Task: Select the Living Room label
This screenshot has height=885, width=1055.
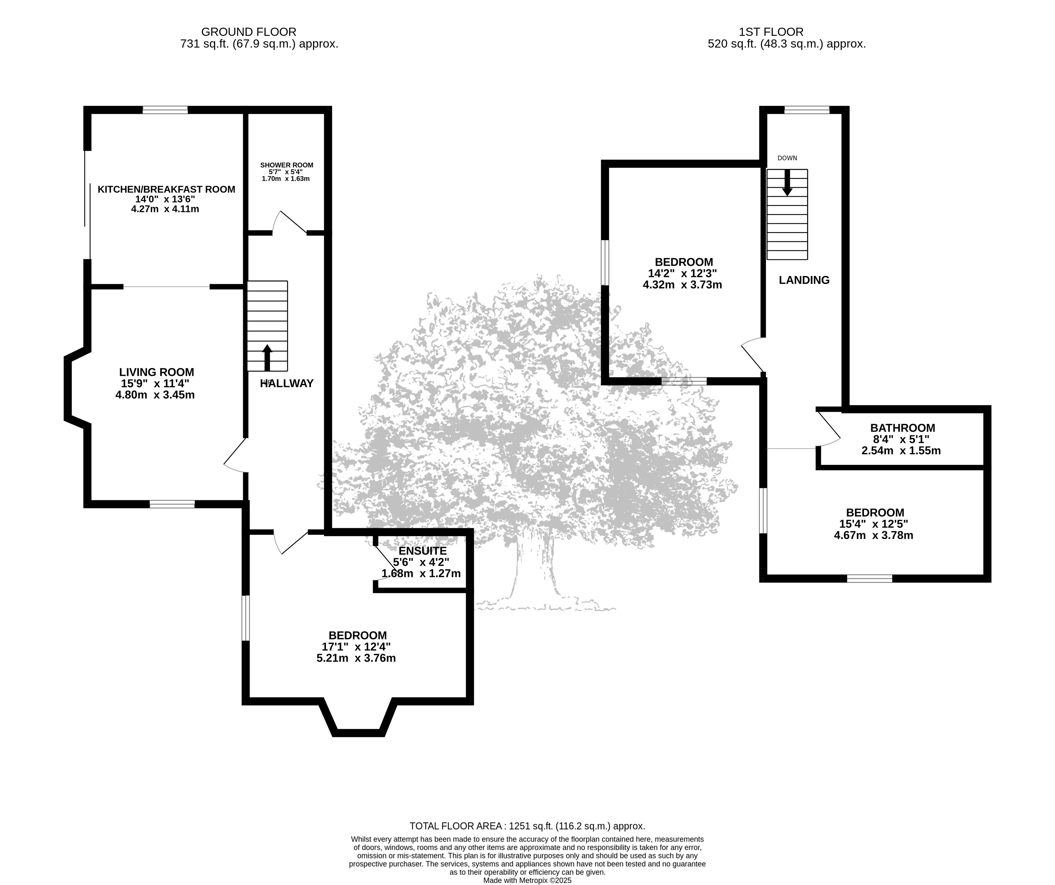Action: (x=156, y=372)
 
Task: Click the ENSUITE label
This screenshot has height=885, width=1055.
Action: (x=422, y=551)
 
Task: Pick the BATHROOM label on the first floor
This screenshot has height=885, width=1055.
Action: (x=903, y=428)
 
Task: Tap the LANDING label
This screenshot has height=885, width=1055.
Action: (x=804, y=280)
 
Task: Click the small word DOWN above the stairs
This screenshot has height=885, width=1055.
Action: (x=787, y=158)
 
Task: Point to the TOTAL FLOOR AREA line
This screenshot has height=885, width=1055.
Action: (x=527, y=826)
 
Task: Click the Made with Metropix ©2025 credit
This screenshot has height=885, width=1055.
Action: (x=527, y=880)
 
